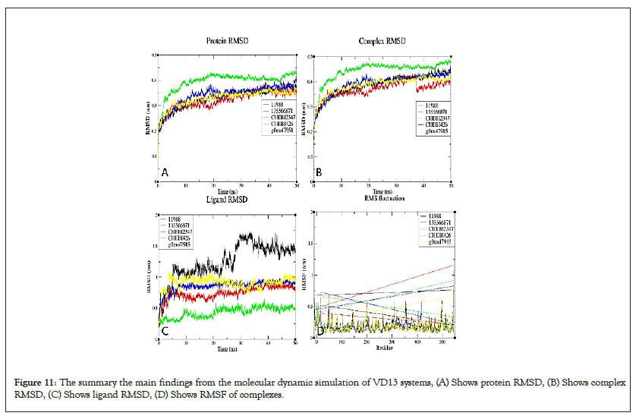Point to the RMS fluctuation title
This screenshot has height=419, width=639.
tap(382, 198)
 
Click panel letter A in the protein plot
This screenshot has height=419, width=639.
tap(165, 173)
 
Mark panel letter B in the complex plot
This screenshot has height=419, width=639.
tap(319, 173)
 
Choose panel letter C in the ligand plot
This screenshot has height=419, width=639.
tap(165, 330)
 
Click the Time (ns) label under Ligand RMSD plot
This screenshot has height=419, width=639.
tap(227, 349)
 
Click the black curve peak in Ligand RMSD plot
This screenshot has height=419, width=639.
tap(244, 235)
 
